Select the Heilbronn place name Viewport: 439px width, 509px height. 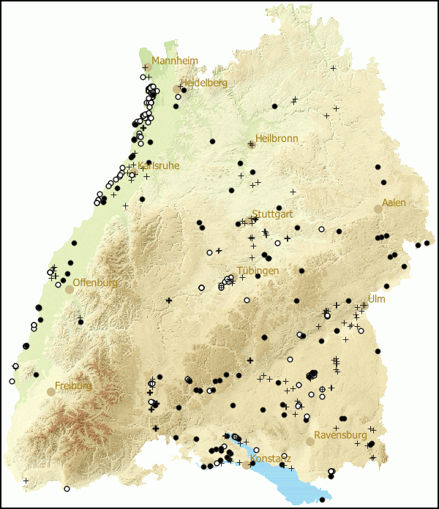click(x=277, y=138)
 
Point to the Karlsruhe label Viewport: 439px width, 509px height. click(x=159, y=166)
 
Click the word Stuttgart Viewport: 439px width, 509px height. click(x=272, y=214)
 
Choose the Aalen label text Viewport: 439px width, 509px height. click(x=394, y=203)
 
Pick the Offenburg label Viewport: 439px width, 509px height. click(x=95, y=283)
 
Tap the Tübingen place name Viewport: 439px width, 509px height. click(x=258, y=271)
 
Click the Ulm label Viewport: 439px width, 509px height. click(x=376, y=299)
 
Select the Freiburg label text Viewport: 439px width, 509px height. click(x=73, y=385)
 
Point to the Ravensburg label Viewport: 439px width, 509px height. click(x=340, y=435)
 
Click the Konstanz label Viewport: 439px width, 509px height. click(x=270, y=459)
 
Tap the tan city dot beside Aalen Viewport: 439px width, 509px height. click(x=378, y=209)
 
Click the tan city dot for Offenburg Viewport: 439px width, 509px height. click(x=70, y=290)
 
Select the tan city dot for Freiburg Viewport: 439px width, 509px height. click(x=50, y=392)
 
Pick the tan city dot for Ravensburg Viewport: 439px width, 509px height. click(x=310, y=442)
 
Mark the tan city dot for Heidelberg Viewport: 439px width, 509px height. click(x=176, y=89)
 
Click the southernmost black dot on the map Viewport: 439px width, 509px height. click(x=322, y=499)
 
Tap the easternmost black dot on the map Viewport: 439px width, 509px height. click(x=427, y=242)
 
